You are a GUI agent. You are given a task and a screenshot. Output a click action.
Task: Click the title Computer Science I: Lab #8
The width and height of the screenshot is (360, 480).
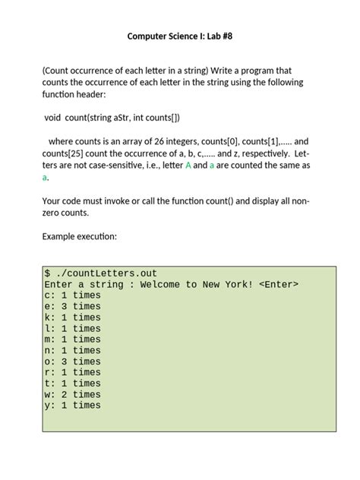180,36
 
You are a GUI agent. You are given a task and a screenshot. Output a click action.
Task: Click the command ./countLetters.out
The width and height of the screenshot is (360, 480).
106,273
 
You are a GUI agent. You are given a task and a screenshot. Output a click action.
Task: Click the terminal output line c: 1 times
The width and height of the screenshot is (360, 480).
72,295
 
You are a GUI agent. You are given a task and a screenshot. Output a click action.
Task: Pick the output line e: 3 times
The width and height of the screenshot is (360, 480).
72,307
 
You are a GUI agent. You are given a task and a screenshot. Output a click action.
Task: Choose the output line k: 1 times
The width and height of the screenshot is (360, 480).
72,317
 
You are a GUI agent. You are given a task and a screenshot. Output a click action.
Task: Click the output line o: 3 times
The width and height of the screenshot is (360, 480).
72,362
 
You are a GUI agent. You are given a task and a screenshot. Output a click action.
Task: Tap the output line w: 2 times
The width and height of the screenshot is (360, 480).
72,394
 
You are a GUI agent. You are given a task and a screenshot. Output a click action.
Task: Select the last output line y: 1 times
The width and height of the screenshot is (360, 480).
72,406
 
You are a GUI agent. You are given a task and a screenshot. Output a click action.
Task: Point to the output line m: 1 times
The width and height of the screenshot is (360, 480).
72,339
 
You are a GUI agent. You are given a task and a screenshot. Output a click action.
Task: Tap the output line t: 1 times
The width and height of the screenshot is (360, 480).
72,384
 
